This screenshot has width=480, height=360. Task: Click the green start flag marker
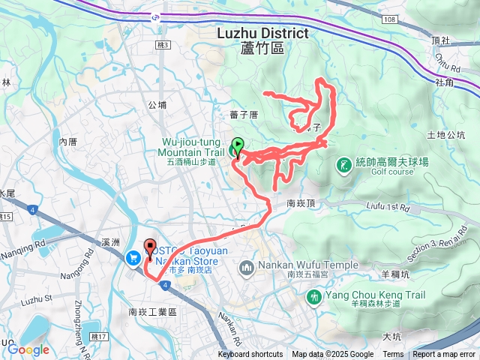tap(238, 145)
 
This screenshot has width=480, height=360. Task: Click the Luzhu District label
tap(262, 34)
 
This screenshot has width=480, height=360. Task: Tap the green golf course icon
tap(343, 164)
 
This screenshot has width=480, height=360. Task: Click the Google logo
tap(28, 349)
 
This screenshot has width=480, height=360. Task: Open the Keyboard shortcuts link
tap(250, 355)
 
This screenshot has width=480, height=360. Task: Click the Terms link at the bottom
tap(393, 355)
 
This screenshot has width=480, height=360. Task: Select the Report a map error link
tap(445, 355)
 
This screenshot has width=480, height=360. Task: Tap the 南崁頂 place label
tap(302, 203)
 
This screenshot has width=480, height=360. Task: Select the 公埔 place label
tap(157, 106)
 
